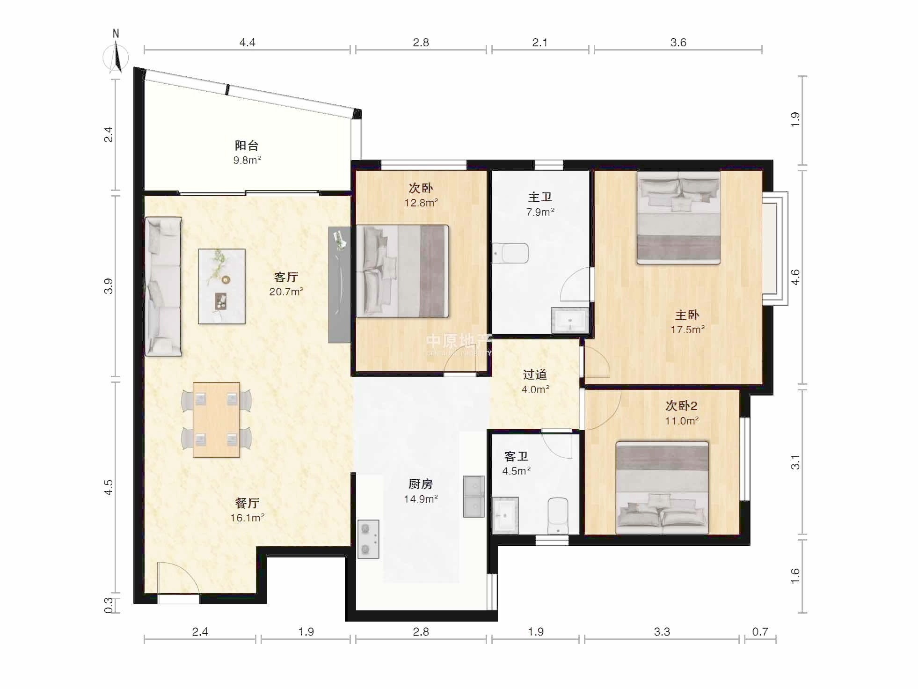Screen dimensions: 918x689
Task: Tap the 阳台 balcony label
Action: pos(247,146)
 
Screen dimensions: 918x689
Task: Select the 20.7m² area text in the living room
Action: pos(286,292)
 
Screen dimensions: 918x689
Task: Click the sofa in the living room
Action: pos(163,286)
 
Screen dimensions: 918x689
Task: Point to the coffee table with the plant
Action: pos(221,286)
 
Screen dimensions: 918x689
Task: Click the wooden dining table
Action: pos(216,419)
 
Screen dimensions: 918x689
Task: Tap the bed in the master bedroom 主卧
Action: pos(678,218)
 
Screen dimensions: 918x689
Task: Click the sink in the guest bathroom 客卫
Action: pos(505,515)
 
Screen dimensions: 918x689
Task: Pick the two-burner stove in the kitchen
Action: pos(368,539)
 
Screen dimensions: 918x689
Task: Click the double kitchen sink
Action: pos(474,497)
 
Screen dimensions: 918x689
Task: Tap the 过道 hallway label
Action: pos(535,374)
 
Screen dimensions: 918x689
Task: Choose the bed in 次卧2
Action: pos(662,487)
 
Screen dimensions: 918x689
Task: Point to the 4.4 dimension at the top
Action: pos(247,43)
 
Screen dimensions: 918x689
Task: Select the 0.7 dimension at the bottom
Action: pos(760,632)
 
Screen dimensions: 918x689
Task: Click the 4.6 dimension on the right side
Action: pos(795,277)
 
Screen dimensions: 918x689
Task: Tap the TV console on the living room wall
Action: pos(339,285)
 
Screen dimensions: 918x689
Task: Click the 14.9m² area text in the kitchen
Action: pos(421,499)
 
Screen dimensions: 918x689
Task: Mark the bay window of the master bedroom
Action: pos(775,249)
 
